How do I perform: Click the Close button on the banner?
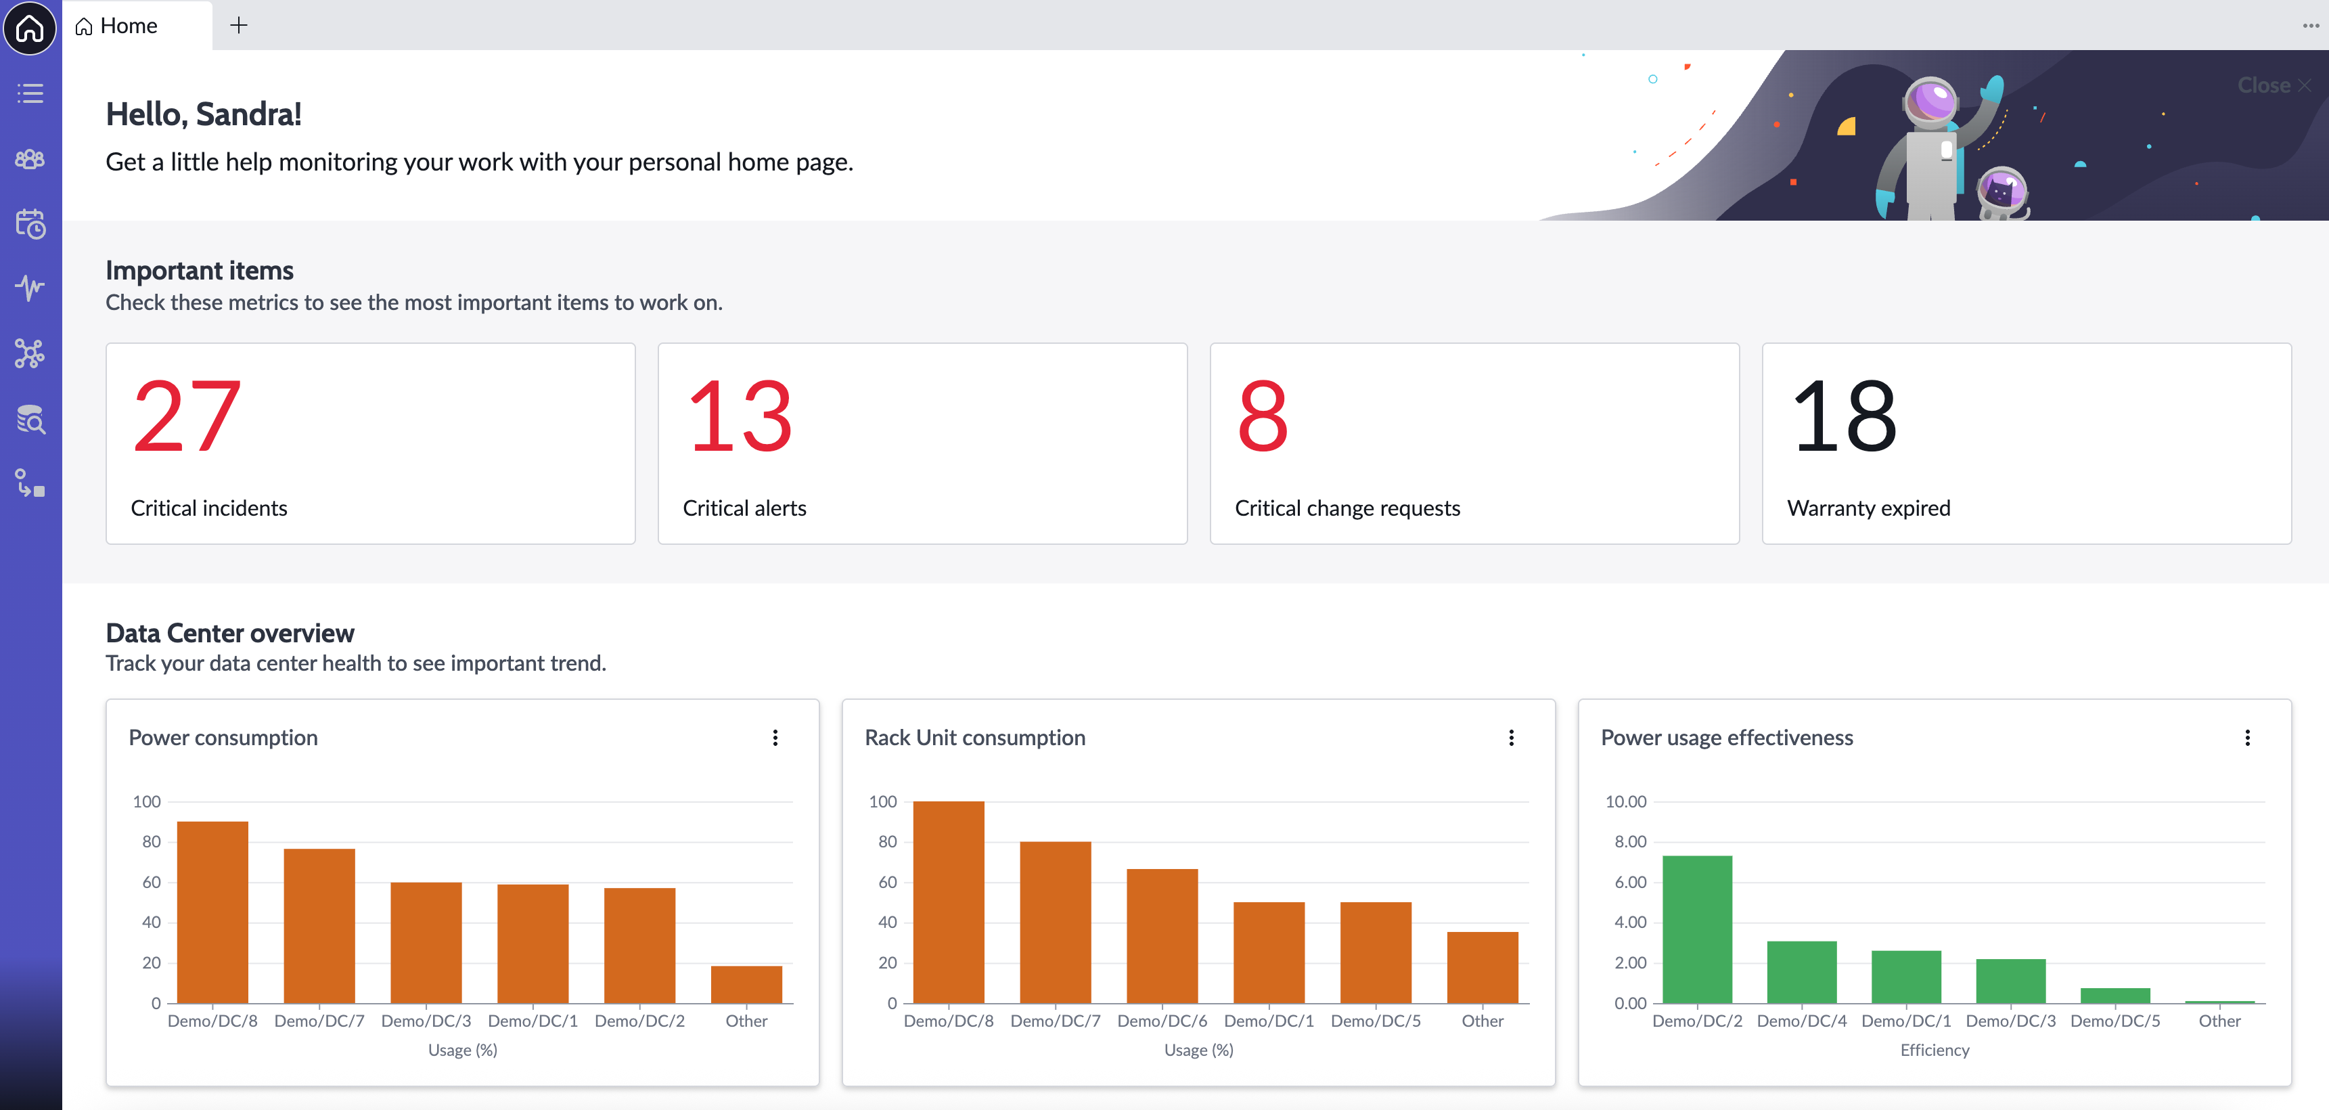pyautogui.click(x=2274, y=85)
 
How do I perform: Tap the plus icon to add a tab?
pyautogui.click(x=239, y=25)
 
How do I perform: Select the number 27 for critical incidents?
pyautogui.click(x=187, y=416)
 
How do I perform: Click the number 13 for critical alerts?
pyautogui.click(x=740, y=416)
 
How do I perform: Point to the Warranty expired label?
pyautogui.click(x=1868, y=508)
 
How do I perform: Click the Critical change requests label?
pyautogui.click(x=1347, y=508)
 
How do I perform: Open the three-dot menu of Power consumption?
pyautogui.click(x=775, y=737)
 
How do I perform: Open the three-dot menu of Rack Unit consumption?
pyautogui.click(x=1511, y=737)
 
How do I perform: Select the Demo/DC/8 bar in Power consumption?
pyautogui.click(x=212, y=912)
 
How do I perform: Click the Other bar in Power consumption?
pyautogui.click(x=746, y=984)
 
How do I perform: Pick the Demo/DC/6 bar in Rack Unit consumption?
pyautogui.click(x=1162, y=936)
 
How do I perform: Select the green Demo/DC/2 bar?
pyautogui.click(x=1697, y=929)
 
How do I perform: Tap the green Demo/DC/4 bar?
pyautogui.click(x=1802, y=973)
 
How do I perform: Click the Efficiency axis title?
pyautogui.click(x=1935, y=1049)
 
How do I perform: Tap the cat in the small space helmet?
pyautogui.click(x=2000, y=192)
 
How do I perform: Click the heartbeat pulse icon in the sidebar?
pyautogui.click(x=30, y=288)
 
